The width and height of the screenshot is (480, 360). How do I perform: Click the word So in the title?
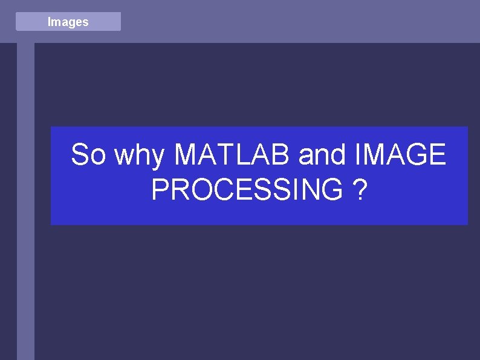click(x=88, y=155)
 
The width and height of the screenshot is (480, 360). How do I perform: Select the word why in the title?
click(x=140, y=156)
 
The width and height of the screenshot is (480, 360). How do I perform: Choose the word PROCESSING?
click(x=247, y=190)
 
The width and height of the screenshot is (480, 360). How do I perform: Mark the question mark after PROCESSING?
click(x=360, y=190)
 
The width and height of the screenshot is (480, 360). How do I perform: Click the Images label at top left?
click(x=68, y=22)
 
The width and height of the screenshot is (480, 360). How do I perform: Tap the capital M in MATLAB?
click(x=186, y=155)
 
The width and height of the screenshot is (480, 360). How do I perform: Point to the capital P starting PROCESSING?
click(x=160, y=190)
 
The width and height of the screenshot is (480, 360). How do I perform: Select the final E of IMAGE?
click(x=436, y=155)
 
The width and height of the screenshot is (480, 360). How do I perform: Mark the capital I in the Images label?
click(x=49, y=22)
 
